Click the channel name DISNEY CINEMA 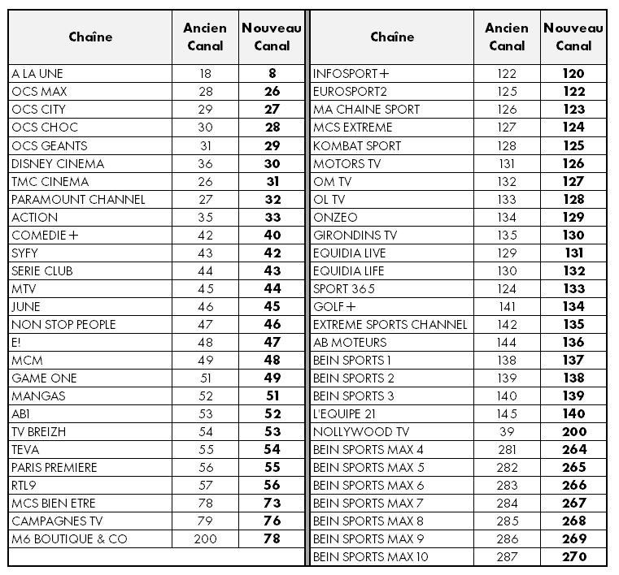pos(58,163)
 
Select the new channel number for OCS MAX pos(272,92)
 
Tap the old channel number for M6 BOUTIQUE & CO pos(205,538)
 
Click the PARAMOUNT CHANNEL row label pos(78,199)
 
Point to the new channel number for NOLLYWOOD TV pos(573,431)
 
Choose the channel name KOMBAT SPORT pos(357,145)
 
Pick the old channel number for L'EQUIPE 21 pos(506,413)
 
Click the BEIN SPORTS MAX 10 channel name pos(370,556)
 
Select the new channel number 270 pos(573,556)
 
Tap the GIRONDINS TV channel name pos(355,235)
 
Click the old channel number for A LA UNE pos(205,74)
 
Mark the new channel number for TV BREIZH pos(272,431)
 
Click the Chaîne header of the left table pos(90,37)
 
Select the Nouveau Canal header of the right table pos(573,37)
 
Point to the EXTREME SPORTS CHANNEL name pos(390,324)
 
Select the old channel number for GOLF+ pos(506,306)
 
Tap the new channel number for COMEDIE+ pos(272,235)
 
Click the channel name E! pos(16,342)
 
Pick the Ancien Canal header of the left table pos(205,37)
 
